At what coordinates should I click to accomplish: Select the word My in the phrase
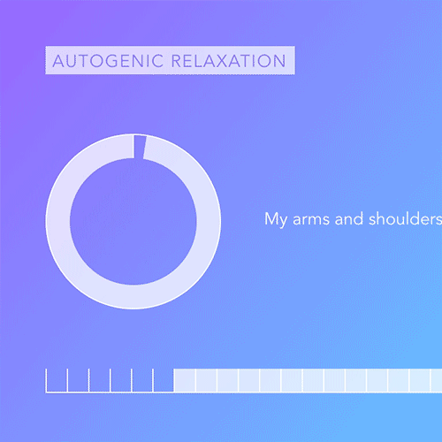(x=275, y=219)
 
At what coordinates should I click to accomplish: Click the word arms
(x=309, y=219)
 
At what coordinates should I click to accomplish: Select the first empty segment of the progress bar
(x=57, y=381)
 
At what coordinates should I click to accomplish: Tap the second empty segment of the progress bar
(x=78, y=381)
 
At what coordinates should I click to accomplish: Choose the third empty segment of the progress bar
(x=99, y=381)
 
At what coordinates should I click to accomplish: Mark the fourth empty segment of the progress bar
(x=121, y=381)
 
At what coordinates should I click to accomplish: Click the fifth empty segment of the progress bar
(x=142, y=381)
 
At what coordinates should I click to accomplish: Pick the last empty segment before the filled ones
(x=164, y=381)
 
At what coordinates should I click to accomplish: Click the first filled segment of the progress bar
(x=185, y=381)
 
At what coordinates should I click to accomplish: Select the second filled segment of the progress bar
(x=206, y=381)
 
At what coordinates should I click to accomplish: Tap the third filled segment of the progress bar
(x=228, y=381)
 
